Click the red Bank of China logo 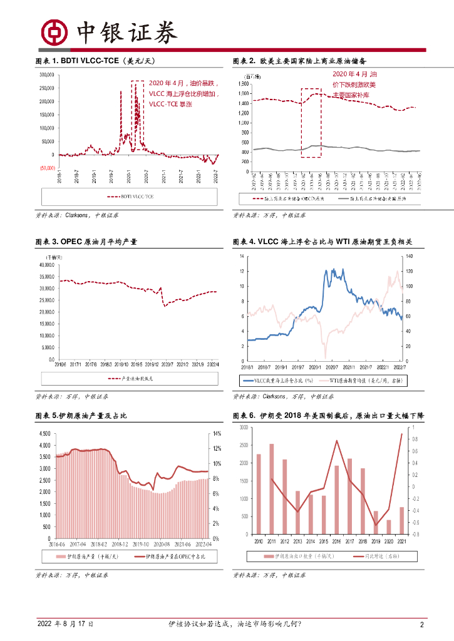(54, 31)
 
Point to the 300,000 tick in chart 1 (48, 74)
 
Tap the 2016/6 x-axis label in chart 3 (61, 364)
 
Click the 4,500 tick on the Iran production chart (44, 433)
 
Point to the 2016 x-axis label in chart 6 (336, 540)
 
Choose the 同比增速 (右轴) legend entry (373, 556)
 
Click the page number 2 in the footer (422, 624)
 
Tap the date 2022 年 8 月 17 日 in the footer (66, 624)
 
